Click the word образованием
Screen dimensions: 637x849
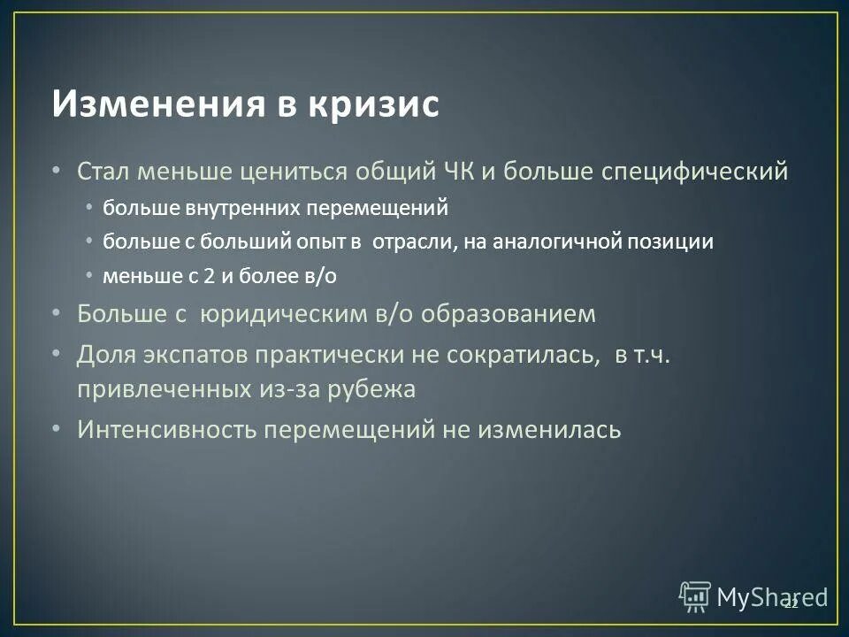pos(509,313)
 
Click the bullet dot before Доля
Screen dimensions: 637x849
pos(57,354)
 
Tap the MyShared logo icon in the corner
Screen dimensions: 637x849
pos(695,597)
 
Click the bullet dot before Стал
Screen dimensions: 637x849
pos(57,169)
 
